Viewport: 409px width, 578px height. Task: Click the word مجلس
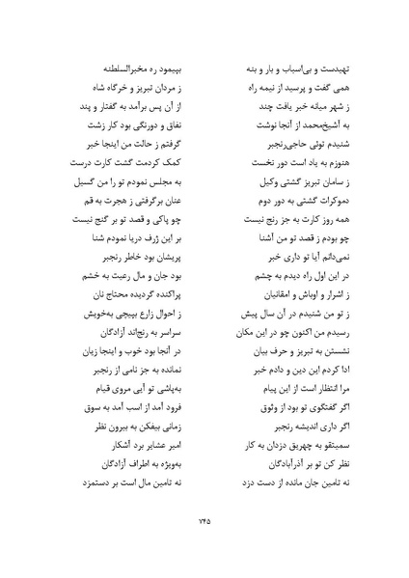pyautogui.click(x=148, y=179)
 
